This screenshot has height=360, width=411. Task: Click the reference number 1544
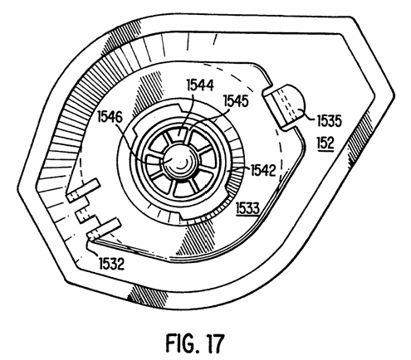[x=200, y=85]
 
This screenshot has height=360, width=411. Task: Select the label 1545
[x=236, y=100]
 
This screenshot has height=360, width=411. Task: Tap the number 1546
[x=110, y=118]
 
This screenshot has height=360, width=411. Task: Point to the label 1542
[x=263, y=171]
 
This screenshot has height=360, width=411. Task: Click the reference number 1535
[x=329, y=121]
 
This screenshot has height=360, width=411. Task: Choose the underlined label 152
[x=325, y=143]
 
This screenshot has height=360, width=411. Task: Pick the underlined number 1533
[x=247, y=208]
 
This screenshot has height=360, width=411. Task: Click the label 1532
[x=111, y=264]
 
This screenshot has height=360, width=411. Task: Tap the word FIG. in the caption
[x=179, y=343]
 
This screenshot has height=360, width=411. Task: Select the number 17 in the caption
[x=213, y=343]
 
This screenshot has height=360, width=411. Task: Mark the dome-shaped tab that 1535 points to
[x=286, y=105]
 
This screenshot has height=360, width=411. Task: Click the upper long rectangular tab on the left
[x=82, y=191]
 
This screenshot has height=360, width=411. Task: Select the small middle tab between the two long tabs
[x=82, y=215]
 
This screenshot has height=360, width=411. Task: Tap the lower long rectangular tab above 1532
[x=103, y=229]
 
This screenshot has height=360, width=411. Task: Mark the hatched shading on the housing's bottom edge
[x=147, y=296]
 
